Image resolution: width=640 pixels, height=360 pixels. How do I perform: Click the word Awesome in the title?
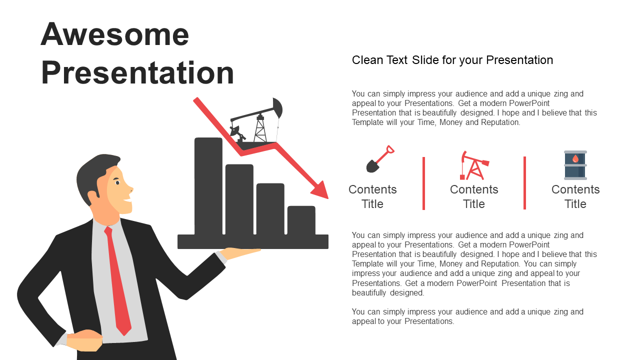[x=115, y=34]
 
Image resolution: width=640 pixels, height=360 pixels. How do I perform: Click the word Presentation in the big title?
[x=137, y=73]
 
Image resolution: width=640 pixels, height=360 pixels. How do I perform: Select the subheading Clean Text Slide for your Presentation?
[x=452, y=60]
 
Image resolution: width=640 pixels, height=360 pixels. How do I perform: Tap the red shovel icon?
[x=380, y=159]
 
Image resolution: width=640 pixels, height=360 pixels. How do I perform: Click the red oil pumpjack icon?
[x=474, y=165]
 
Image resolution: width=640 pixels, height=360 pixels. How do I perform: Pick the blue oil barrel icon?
[x=575, y=165]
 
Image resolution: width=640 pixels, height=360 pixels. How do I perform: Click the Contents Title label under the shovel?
[x=372, y=196]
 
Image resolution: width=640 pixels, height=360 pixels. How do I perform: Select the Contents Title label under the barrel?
[x=575, y=196]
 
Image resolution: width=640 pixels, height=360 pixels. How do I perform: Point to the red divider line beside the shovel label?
[x=423, y=183]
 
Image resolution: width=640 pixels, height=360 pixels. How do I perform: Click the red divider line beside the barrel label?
[x=524, y=183]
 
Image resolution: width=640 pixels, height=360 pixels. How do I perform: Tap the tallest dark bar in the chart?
[x=208, y=186]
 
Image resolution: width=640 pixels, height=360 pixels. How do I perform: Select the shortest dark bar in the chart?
[x=301, y=220]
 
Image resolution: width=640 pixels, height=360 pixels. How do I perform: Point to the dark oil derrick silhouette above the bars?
[x=256, y=121]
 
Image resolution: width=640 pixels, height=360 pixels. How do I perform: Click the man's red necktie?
[x=117, y=280]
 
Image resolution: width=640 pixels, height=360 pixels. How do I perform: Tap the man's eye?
[x=117, y=182]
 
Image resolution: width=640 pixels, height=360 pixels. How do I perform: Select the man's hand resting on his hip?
[x=84, y=340]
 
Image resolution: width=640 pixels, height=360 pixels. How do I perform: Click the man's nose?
[x=130, y=188]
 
